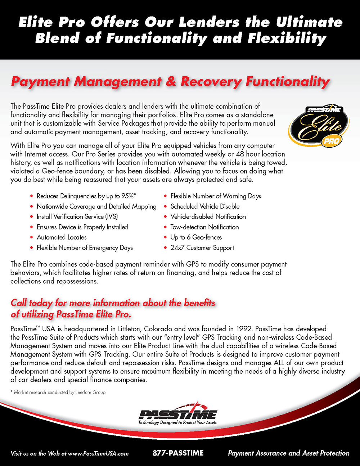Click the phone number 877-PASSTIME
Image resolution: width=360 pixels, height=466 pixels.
click(178, 453)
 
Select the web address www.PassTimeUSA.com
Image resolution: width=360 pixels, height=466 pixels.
click(98, 453)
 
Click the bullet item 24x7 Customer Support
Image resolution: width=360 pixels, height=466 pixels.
click(202, 248)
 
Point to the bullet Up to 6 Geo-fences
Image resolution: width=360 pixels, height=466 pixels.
click(196, 237)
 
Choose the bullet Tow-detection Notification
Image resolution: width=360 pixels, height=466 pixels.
click(204, 227)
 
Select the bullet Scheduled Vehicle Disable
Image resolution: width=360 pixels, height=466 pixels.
click(205, 206)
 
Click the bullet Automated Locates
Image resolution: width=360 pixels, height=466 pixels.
click(62, 237)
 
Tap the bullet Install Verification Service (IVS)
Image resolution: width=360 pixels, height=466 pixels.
click(77, 217)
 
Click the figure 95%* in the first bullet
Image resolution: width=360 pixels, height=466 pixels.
click(129, 196)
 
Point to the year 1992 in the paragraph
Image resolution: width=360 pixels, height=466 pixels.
click(244, 329)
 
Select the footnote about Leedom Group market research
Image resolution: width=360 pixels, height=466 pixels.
click(58, 392)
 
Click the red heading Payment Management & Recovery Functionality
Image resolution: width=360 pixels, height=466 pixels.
click(170, 81)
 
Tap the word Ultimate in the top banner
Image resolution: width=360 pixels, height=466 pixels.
click(309, 22)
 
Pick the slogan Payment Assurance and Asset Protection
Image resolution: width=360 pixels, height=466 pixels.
click(288, 453)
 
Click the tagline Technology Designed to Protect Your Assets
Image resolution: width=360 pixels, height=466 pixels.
click(177, 422)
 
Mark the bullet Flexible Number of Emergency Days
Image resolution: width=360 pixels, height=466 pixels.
click(85, 248)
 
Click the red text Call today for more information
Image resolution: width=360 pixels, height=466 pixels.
click(113, 303)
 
